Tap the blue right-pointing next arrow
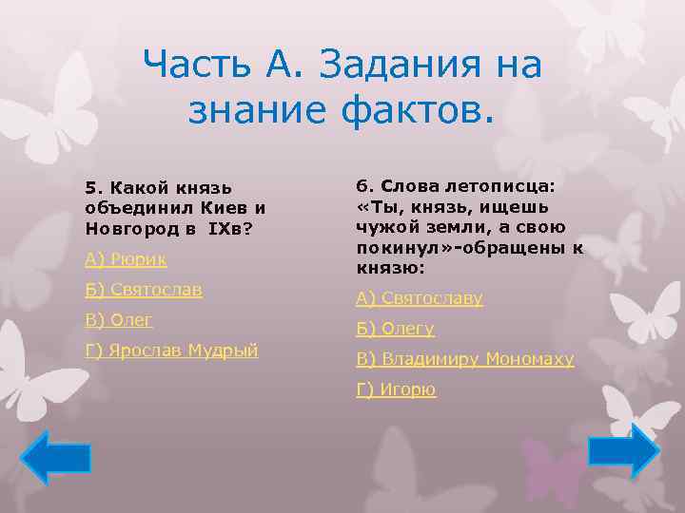624,450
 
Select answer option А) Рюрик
126,258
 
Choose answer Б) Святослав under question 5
144,290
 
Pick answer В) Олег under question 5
119,320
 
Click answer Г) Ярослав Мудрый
172,351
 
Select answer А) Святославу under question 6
420,298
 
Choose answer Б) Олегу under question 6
395,329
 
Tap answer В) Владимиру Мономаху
465,359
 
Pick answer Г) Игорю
396,389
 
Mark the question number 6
362,186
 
